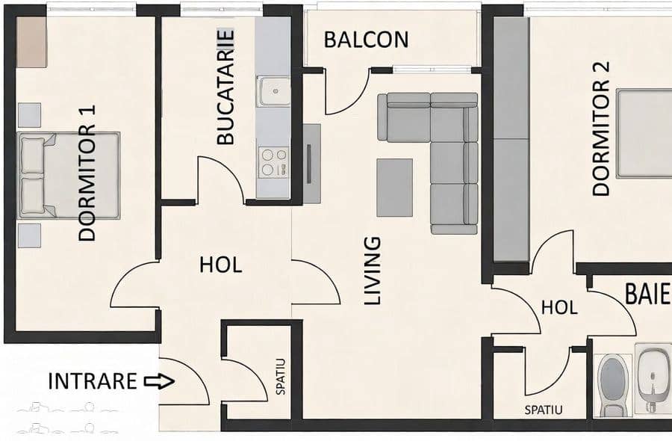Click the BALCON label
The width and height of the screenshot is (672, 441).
366,40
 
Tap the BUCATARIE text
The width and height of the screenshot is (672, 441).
225,87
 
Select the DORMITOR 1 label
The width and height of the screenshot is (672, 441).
87,173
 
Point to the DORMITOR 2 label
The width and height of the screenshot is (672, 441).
601,129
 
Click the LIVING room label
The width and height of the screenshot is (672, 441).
373,271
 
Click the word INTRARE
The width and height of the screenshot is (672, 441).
92,381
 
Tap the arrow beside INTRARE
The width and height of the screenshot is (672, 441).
159,381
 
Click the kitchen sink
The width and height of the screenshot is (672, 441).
273,91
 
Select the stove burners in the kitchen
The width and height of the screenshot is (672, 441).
273,161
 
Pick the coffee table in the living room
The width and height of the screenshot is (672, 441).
395,188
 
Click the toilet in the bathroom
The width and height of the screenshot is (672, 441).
613,385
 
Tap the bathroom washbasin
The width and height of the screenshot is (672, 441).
653,378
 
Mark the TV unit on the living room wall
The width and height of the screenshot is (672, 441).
311,164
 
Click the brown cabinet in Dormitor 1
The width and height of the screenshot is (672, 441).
31,42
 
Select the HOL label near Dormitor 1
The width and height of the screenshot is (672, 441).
221,265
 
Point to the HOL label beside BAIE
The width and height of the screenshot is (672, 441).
559,307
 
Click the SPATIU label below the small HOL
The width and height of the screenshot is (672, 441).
544,410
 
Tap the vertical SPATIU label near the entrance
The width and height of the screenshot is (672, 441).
280,376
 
